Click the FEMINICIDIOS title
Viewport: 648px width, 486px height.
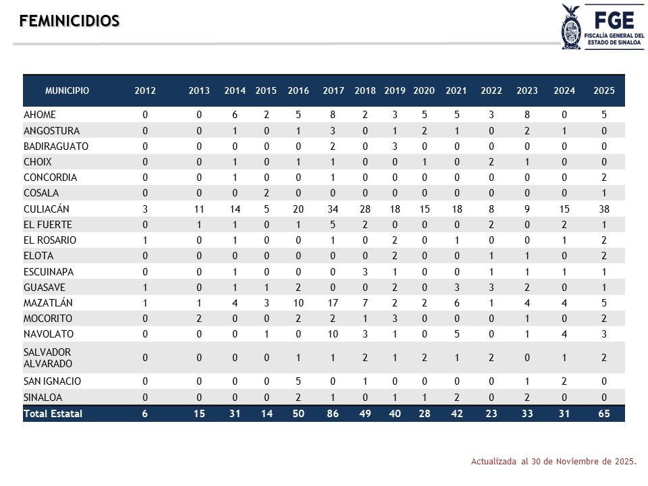coord(70,21)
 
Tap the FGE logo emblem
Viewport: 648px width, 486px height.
coord(571,26)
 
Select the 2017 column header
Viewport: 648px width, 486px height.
coord(333,90)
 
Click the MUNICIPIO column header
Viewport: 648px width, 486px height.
coord(67,90)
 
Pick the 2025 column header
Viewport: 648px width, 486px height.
coord(604,90)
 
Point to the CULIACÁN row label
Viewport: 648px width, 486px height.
coord(47,209)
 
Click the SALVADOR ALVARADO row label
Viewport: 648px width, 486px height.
coord(47,358)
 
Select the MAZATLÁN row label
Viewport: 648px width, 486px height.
coord(48,303)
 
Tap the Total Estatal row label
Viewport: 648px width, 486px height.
coord(53,414)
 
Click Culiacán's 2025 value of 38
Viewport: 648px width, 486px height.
coord(604,209)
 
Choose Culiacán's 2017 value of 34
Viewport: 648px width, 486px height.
coord(333,209)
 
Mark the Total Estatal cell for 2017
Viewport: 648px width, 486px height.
coord(333,414)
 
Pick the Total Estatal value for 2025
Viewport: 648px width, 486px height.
coord(604,414)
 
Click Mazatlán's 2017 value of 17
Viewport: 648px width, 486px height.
coord(333,303)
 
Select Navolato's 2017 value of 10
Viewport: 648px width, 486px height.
coord(333,334)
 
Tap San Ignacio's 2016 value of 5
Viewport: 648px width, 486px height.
coord(298,381)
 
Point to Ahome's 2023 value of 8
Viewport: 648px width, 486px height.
coord(527,115)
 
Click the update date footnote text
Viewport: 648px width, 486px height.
coord(553,462)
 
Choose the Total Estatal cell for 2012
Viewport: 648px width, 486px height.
coord(145,414)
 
